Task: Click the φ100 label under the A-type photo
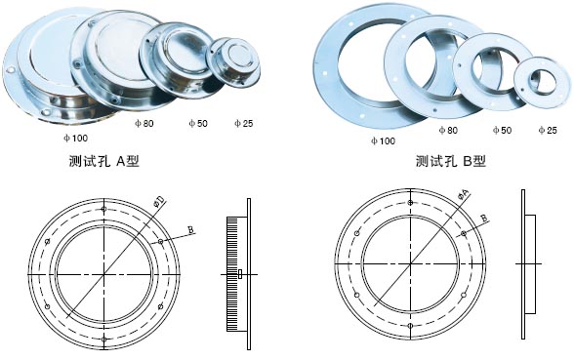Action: tap(76, 138)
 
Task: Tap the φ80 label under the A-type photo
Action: tap(144, 123)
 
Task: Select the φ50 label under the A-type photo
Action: tap(198, 123)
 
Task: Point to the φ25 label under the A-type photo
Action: tap(244, 123)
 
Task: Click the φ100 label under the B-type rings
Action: tap(383, 140)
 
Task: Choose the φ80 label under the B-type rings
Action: tap(448, 130)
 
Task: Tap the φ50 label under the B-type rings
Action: tap(502, 130)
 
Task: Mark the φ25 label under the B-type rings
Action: tap(548, 130)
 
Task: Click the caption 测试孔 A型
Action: tap(104, 161)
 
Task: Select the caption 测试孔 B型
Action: tap(451, 161)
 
